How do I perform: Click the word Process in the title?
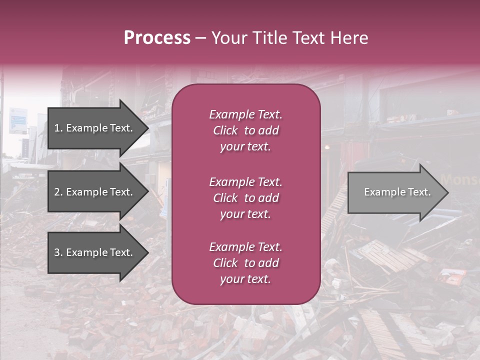click(x=157, y=38)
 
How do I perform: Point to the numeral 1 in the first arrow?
click(x=56, y=128)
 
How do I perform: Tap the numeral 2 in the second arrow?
click(x=56, y=192)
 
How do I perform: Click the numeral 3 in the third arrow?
click(x=56, y=252)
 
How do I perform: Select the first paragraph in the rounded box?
click(x=245, y=130)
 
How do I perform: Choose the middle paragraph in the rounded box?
click(x=245, y=198)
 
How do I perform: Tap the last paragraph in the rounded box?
click(x=245, y=263)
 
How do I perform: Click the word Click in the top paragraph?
click(x=225, y=130)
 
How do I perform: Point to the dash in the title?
click(x=201, y=38)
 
